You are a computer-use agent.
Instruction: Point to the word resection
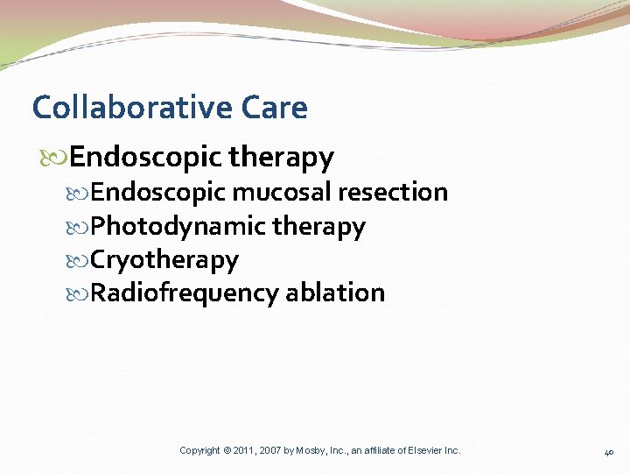click(393, 192)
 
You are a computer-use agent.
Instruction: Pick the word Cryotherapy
click(164, 260)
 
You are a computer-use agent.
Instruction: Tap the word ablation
click(335, 293)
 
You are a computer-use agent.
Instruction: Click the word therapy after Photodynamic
click(318, 226)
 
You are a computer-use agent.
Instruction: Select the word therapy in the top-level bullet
click(281, 158)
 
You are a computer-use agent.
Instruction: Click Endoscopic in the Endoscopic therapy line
click(145, 158)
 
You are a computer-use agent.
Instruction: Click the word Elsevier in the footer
click(423, 450)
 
